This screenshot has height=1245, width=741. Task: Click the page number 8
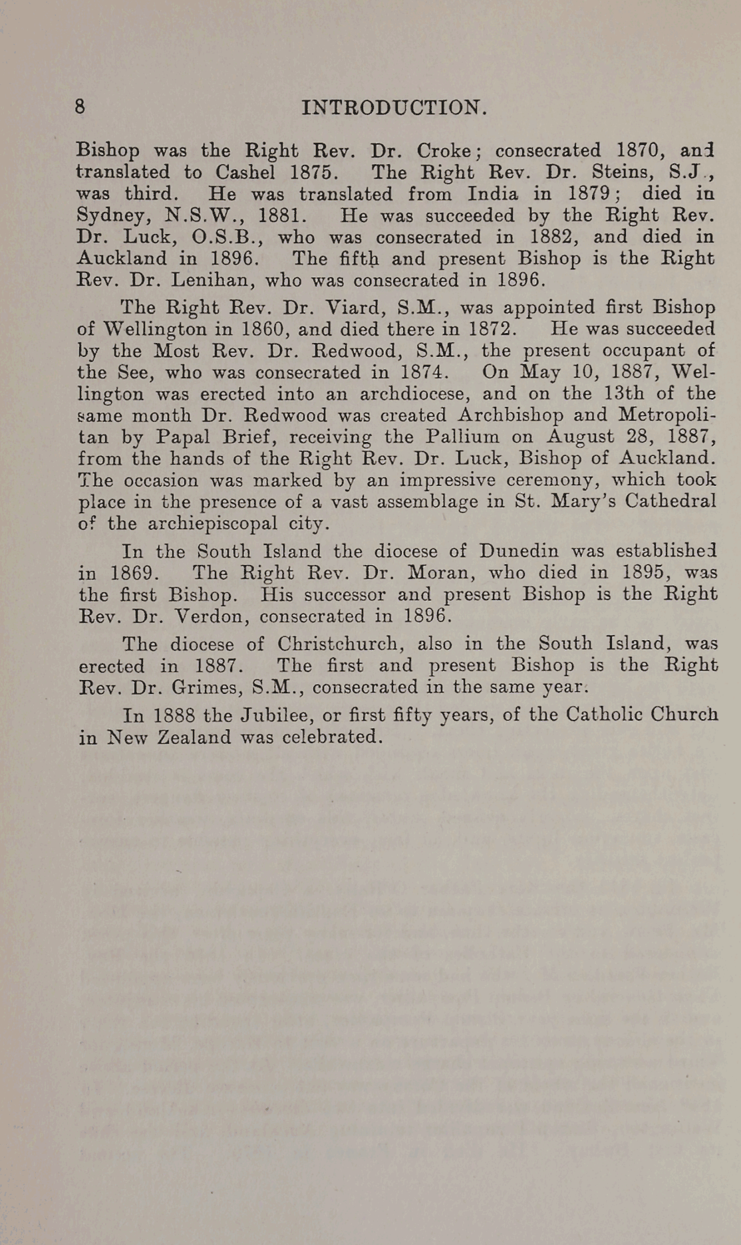click(80, 106)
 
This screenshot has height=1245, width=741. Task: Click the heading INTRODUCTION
click(394, 108)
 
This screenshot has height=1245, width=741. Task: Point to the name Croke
click(444, 150)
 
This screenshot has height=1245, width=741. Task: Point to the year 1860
click(264, 329)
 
